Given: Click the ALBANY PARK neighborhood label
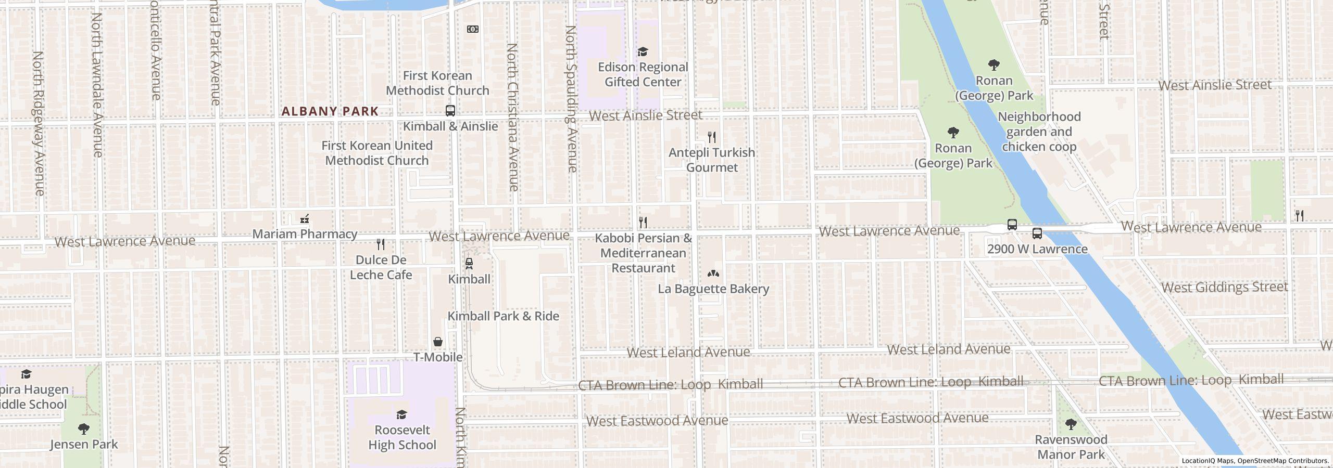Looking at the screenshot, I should click(330, 111).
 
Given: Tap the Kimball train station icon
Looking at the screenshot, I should click(469, 264).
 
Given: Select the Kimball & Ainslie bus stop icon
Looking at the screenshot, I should click(450, 111).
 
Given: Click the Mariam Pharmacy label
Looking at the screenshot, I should click(305, 234).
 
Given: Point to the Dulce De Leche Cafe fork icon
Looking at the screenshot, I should click(381, 244).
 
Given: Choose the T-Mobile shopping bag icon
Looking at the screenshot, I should click(438, 342).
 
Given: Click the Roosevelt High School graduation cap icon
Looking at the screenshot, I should click(401, 414).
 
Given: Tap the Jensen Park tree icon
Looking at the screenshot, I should click(83, 429).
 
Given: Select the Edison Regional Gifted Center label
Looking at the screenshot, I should click(643, 74).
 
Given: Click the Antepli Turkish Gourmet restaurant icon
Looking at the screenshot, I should click(712, 137).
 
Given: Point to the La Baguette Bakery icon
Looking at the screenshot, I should click(713, 274).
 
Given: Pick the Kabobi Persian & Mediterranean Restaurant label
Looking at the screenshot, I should click(644, 253).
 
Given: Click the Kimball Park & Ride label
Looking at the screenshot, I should click(503, 316).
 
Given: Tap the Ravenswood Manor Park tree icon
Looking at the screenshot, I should click(1071, 424).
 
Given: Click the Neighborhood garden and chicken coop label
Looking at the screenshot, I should click(1039, 132).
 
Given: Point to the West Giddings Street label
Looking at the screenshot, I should click(1224, 288).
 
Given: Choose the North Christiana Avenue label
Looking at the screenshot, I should click(512, 117).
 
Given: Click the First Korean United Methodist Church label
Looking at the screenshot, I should click(376, 153).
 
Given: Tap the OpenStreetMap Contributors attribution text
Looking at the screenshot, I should click(1282, 461).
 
